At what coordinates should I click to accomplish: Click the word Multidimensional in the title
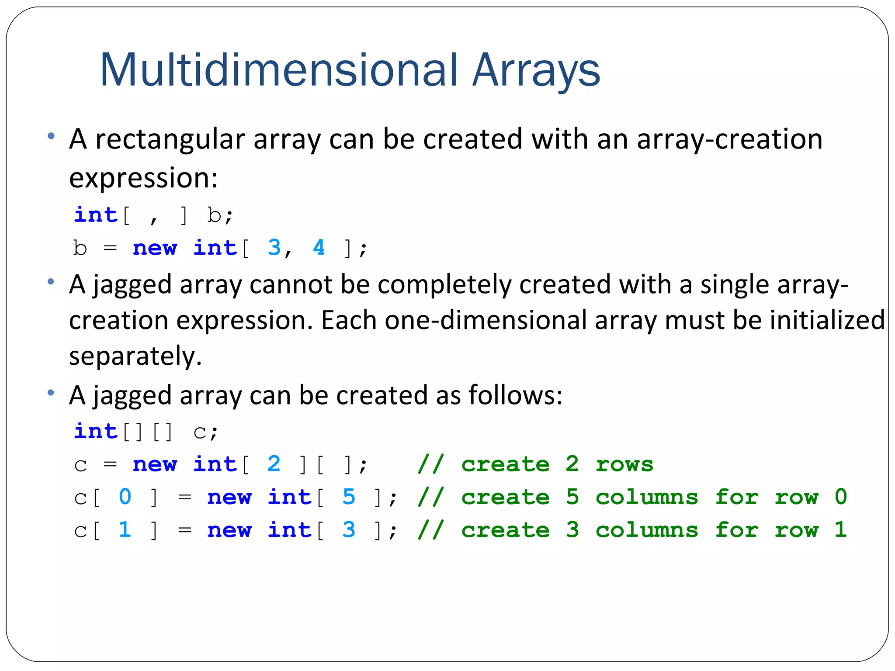coord(279,70)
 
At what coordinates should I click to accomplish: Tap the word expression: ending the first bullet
coord(143,179)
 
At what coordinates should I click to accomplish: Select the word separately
coord(135,356)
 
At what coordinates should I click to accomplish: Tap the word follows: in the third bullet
coord(515,395)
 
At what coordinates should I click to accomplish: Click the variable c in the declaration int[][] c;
coord(199,432)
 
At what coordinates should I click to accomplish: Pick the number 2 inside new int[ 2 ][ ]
coord(274,464)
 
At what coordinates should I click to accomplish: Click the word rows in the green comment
coord(624,464)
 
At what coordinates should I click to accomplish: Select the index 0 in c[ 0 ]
coord(125,497)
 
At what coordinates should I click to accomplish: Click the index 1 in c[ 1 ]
coord(125,530)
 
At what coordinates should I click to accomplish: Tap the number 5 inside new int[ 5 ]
coord(349,497)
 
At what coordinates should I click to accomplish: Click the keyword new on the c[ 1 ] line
coord(229,530)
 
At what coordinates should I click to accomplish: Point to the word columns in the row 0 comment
coord(647,497)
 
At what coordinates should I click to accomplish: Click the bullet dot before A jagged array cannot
coord(51,282)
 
